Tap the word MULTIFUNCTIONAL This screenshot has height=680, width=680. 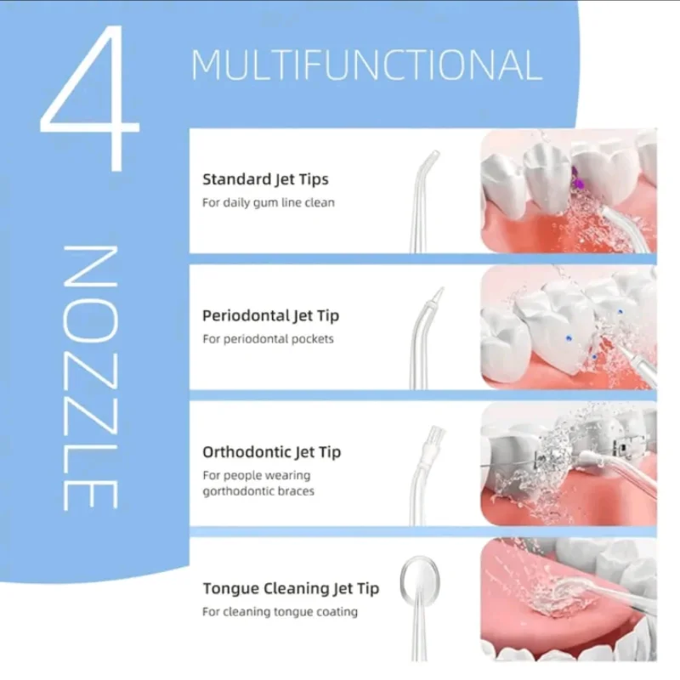(367, 65)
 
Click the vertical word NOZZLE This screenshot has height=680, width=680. (91, 377)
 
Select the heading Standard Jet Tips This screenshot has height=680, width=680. (265, 179)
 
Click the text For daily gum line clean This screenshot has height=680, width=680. (269, 202)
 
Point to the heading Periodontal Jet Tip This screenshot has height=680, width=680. (270, 315)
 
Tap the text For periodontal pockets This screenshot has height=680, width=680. (268, 338)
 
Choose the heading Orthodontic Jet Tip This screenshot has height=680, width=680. (271, 452)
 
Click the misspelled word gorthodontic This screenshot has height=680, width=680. (237, 491)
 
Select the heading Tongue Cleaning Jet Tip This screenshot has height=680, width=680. (291, 588)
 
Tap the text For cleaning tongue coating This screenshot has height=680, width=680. (280, 612)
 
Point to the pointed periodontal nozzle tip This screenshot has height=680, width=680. (438, 295)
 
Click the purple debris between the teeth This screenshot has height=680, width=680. (578, 180)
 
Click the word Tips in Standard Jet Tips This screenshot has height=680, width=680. (313, 179)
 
